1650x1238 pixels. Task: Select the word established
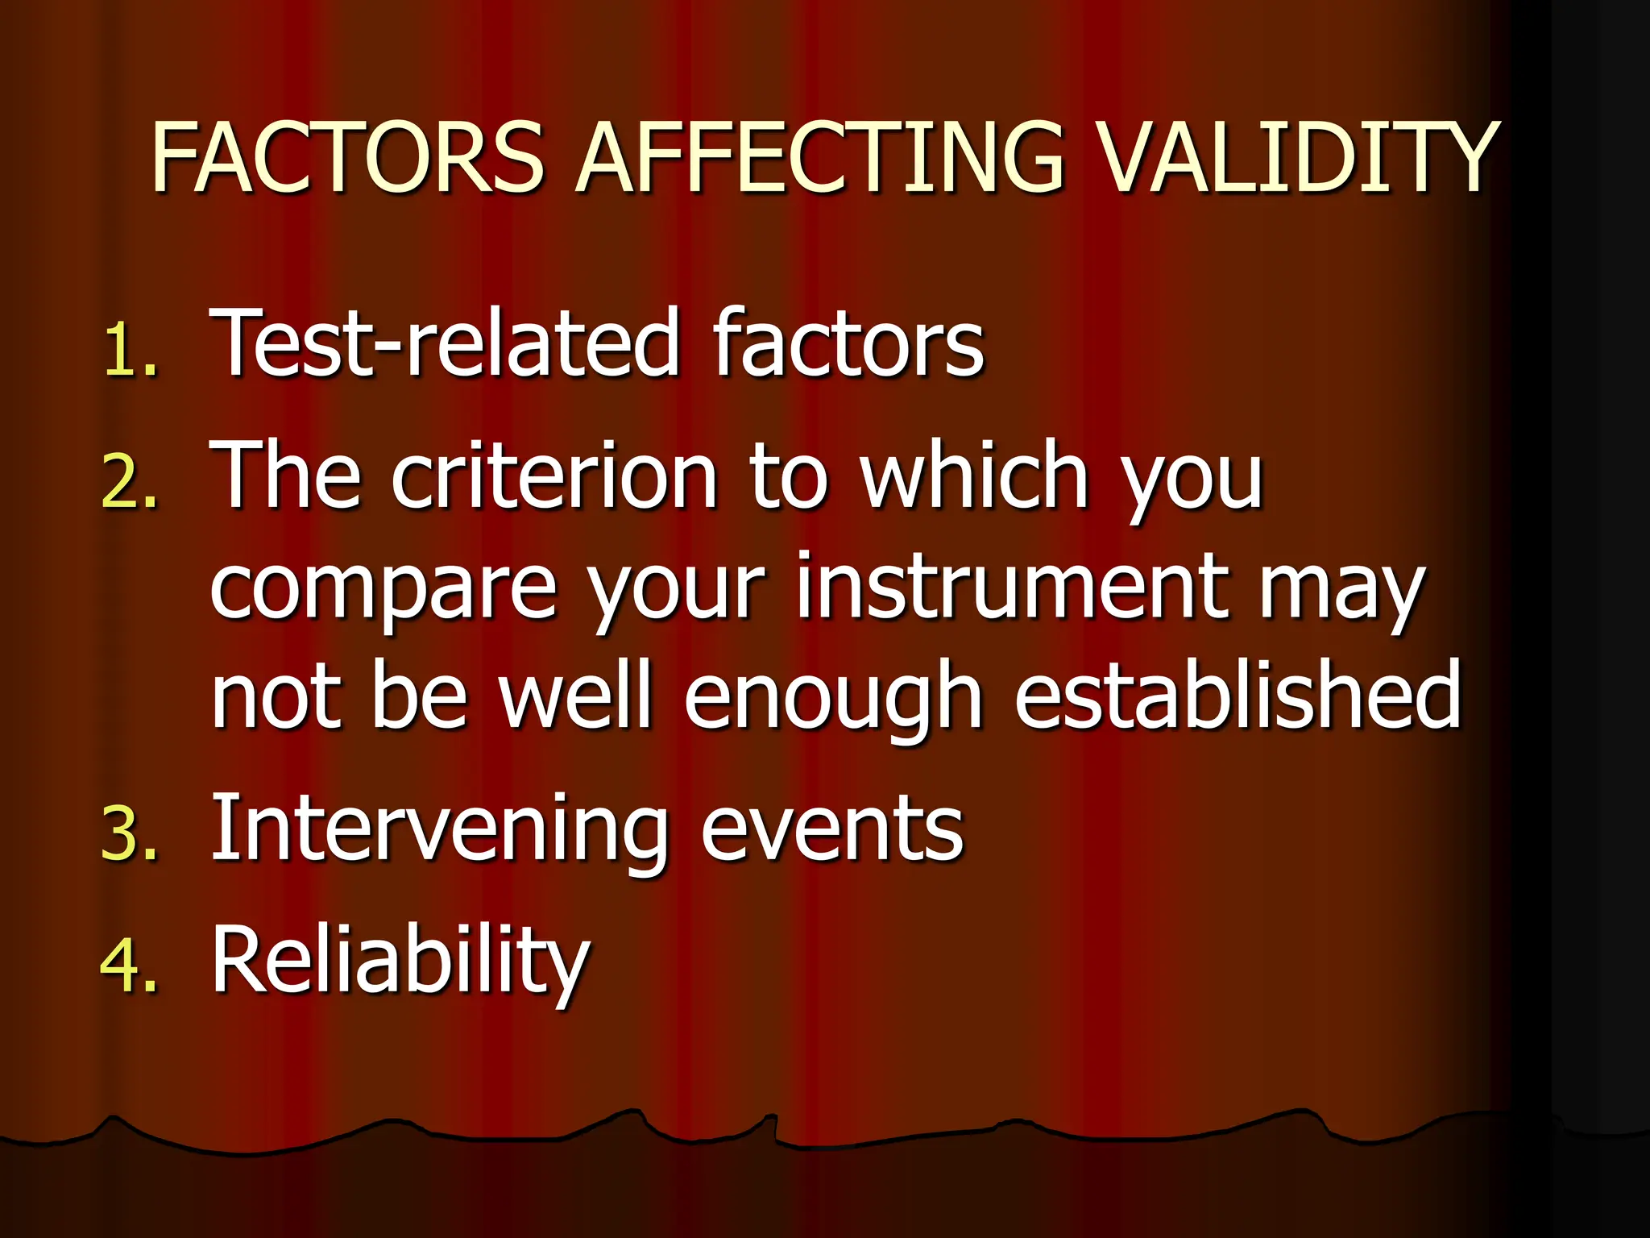(x=1237, y=693)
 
